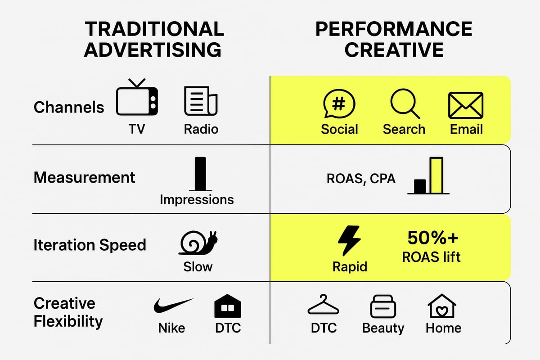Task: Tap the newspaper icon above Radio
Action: click(201, 100)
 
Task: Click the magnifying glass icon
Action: click(404, 103)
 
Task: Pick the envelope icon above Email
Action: click(466, 105)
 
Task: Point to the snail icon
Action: click(198, 243)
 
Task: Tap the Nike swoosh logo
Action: click(173, 306)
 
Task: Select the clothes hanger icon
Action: click(324, 305)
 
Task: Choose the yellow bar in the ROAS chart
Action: click(436, 175)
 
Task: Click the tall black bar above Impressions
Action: click(200, 174)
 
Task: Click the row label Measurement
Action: click(84, 177)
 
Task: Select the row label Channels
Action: click(69, 107)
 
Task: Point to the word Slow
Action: click(198, 266)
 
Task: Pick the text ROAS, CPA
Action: click(361, 179)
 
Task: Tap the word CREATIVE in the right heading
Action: click(394, 49)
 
